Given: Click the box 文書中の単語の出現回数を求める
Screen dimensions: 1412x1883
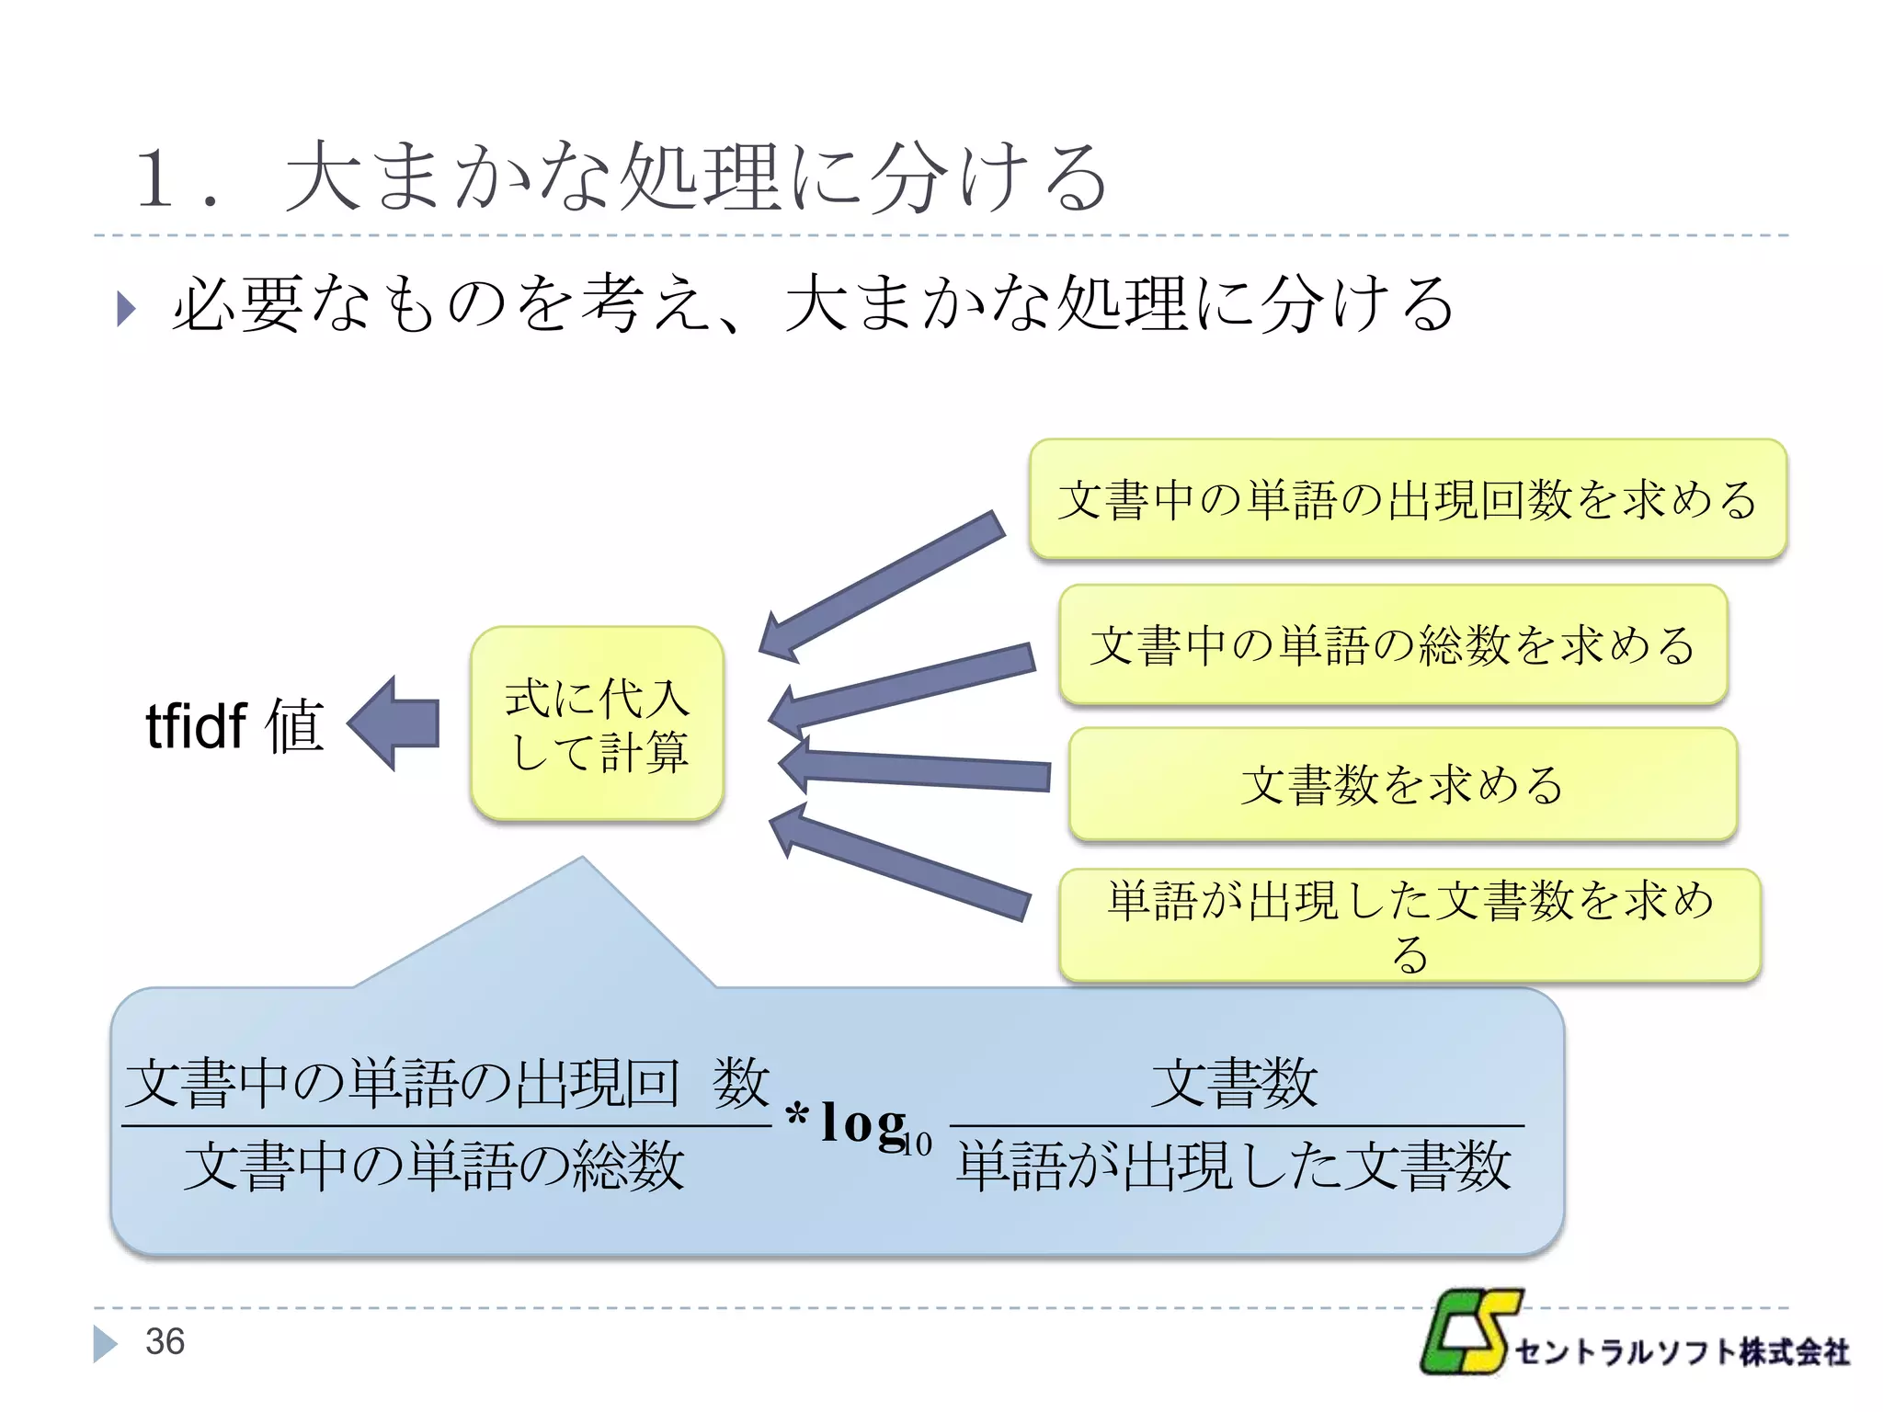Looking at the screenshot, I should pyautogui.click(x=1408, y=499).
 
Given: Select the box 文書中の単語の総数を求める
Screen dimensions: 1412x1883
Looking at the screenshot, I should pyautogui.click(x=1393, y=644).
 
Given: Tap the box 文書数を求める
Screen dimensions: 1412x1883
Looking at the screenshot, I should pyautogui.click(x=1402, y=784).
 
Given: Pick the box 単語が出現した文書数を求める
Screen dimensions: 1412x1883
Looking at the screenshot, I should pyautogui.click(x=1409, y=925).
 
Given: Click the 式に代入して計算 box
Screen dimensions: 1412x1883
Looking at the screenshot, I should pyautogui.click(x=598, y=724).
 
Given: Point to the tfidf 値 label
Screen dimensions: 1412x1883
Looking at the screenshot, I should pyautogui.click(x=234, y=725).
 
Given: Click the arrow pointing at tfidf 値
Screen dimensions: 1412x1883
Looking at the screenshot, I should pyautogui.click(x=394, y=723).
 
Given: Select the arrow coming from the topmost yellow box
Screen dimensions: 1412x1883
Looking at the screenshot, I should pyautogui.click(x=880, y=586).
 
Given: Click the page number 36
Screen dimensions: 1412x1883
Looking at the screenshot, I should pyautogui.click(x=165, y=1341).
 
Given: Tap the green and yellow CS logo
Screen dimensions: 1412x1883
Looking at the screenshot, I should pyautogui.click(x=1468, y=1332).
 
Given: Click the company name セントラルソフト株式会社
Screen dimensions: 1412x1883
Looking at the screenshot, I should pyautogui.click(x=1682, y=1352).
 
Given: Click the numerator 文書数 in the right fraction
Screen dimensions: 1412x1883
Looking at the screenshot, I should pyautogui.click(x=1234, y=1083).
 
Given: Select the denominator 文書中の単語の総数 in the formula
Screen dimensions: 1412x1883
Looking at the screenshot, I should pyautogui.click(x=434, y=1166).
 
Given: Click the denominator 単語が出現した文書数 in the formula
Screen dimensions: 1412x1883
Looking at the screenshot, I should pyautogui.click(x=1234, y=1166).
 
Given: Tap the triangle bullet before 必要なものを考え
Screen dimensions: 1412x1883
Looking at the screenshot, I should pyautogui.click(x=126, y=308).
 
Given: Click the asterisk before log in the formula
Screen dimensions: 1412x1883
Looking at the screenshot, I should pyautogui.click(x=797, y=1115).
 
